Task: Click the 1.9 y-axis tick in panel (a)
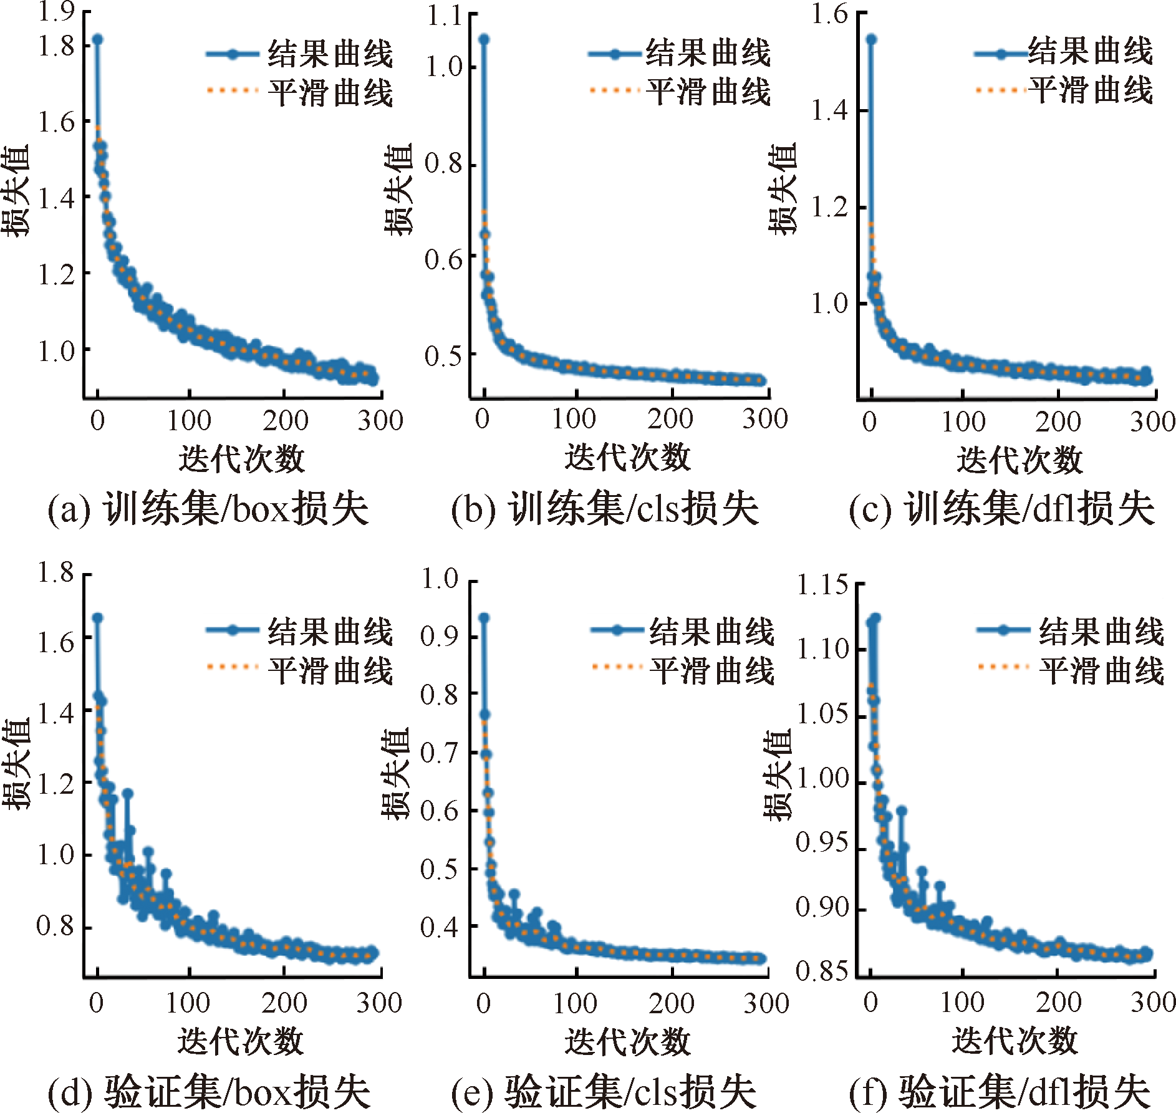(57, 11)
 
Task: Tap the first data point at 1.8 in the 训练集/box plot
(97, 39)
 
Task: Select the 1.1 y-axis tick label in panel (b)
(444, 15)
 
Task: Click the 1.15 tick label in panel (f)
(822, 584)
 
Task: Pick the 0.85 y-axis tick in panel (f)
(822, 970)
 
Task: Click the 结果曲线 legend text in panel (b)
(708, 52)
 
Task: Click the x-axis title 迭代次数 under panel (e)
(628, 1041)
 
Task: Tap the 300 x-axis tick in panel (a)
(380, 420)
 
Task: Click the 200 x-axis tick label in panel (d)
(284, 1003)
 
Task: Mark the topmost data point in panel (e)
(484, 617)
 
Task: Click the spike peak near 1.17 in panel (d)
(128, 793)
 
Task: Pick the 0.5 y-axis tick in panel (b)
(444, 356)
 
